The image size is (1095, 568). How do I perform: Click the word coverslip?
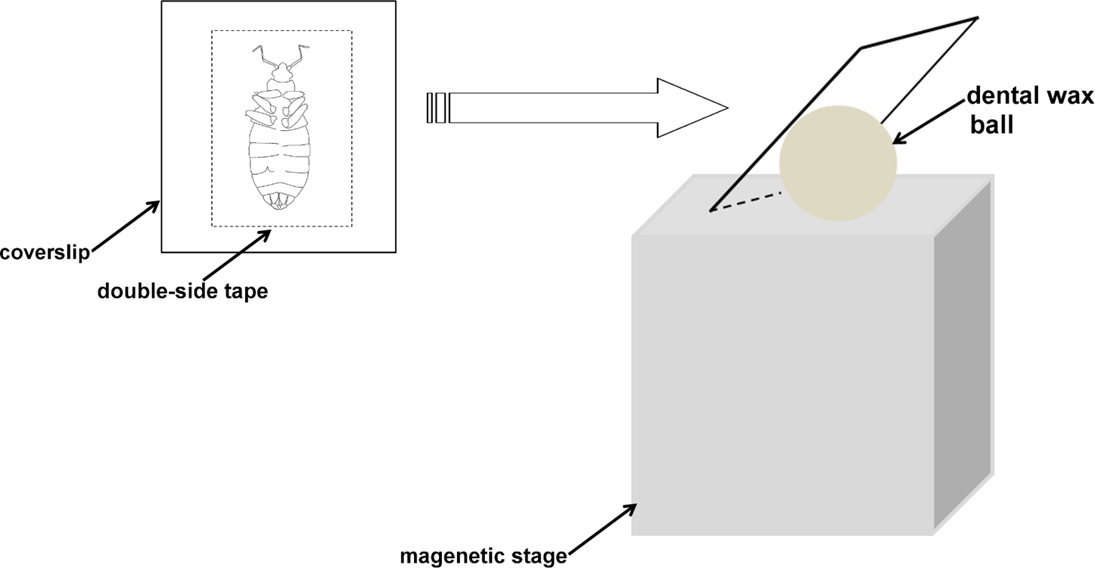tap(45, 251)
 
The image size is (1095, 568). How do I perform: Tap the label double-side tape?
tap(182, 291)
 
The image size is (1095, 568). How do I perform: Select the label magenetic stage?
tap(484, 557)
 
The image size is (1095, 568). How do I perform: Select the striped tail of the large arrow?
tap(438, 108)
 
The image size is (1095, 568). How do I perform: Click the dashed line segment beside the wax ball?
tap(745, 201)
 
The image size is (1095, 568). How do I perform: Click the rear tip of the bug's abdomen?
tap(279, 206)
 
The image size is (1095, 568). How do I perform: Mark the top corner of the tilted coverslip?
tap(977, 17)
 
